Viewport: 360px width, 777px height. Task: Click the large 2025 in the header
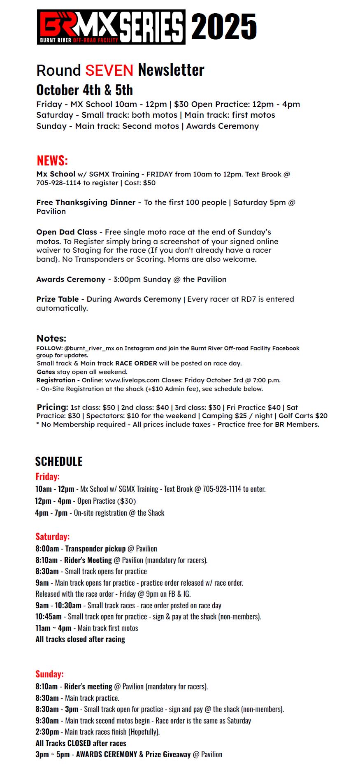tap(224, 27)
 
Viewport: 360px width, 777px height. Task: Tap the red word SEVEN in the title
tap(109, 70)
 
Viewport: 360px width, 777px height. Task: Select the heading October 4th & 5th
tap(84, 90)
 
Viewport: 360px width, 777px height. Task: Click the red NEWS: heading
tap(52, 160)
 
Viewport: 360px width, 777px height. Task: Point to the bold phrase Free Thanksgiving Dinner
tap(86, 202)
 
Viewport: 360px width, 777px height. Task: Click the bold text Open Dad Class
tap(67, 232)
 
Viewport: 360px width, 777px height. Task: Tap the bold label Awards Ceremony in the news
tap(71, 279)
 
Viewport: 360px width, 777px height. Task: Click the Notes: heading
tap(51, 338)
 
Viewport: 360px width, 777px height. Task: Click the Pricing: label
tap(52, 407)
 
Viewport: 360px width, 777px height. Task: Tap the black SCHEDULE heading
tap(59, 461)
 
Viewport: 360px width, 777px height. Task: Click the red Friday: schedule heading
tap(47, 477)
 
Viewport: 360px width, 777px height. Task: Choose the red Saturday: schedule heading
tap(52, 537)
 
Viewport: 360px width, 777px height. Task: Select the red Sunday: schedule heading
tap(49, 674)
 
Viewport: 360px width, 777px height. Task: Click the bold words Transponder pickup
tap(95, 549)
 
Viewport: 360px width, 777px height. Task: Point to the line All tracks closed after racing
tap(80, 639)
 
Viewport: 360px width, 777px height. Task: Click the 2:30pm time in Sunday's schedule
tap(47, 732)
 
